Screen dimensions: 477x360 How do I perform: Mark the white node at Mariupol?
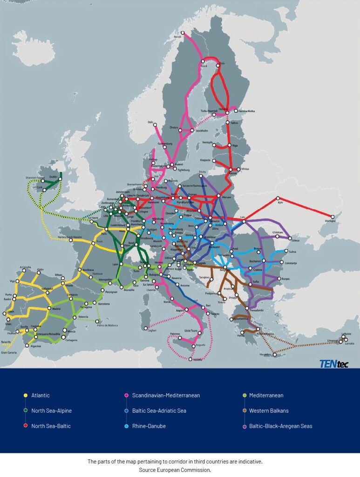(333, 217)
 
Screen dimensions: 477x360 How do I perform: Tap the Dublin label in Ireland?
(53, 177)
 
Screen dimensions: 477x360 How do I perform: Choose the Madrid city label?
(56, 309)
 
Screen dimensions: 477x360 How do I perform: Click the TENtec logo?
(333, 364)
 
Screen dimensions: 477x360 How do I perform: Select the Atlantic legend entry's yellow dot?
(25, 396)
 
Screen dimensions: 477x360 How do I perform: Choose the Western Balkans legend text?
(269, 411)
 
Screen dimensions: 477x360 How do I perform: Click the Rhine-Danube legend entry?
(149, 426)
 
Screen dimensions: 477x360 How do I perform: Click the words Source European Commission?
(175, 470)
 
